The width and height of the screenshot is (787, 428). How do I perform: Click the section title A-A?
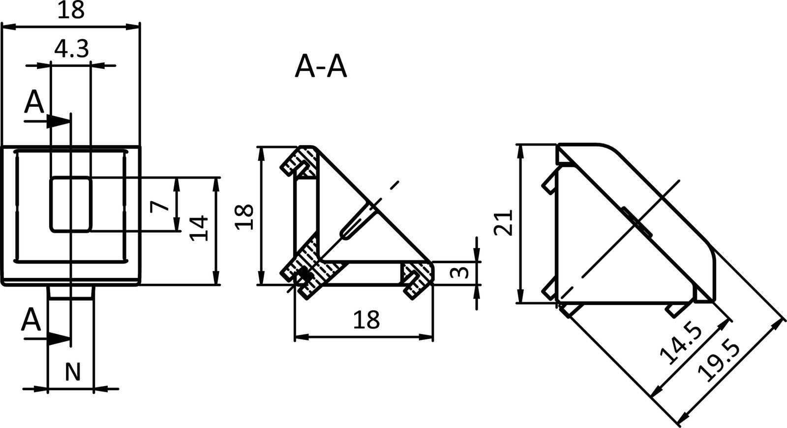321,67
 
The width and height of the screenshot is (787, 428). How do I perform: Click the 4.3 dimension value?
71,49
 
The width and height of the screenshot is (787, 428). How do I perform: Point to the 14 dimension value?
200,228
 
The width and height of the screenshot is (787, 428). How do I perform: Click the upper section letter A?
34,102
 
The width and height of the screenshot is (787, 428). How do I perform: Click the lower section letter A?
31,320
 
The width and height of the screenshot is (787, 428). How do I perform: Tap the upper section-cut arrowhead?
59,122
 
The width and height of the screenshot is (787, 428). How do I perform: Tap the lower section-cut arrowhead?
59,338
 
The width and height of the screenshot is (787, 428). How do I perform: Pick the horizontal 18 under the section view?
366,320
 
